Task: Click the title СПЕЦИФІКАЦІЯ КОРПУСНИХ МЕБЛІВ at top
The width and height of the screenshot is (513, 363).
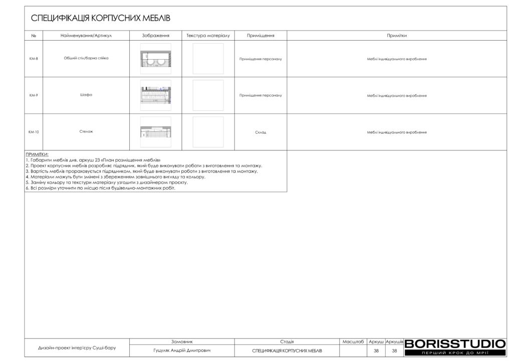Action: [101, 19]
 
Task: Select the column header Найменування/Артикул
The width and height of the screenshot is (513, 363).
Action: [86, 36]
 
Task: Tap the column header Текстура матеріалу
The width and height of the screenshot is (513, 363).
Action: [208, 36]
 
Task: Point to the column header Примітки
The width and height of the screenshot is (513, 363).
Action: [396, 36]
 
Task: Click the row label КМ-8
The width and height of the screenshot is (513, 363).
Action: [34, 59]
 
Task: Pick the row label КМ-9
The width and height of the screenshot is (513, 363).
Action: [34, 95]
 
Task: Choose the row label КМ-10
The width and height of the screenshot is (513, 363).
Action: [34, 132]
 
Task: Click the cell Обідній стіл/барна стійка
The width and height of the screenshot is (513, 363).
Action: [86, 58]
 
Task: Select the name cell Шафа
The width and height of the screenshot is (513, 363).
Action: [86, 95]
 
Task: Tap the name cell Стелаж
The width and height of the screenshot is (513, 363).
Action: [86, 132]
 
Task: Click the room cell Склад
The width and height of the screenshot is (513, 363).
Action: [261, 132]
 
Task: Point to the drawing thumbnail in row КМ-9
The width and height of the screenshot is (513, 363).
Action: [155, 95]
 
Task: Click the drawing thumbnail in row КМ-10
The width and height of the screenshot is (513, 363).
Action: [155, 132]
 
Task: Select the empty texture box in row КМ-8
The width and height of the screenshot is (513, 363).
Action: [208, 59]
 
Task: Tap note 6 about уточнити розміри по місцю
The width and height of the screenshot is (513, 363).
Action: [100, 189]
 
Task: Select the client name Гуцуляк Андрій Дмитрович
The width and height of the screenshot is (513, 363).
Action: [182, 350]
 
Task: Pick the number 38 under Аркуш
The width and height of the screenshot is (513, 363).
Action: [376, 350]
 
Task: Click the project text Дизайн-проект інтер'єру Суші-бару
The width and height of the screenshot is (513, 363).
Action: [77, 347]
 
